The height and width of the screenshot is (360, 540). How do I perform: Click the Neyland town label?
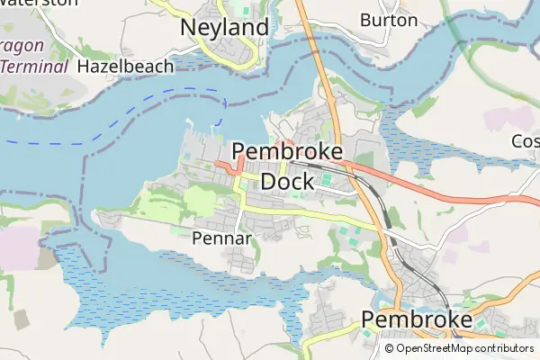pos(224,28)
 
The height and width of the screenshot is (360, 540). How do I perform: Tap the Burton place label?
pos(389,20)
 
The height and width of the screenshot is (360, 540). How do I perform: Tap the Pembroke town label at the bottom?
pos(417,320)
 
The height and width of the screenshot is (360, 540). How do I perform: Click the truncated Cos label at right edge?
pos(525,141)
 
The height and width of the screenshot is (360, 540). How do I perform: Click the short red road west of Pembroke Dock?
pos(229,165)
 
